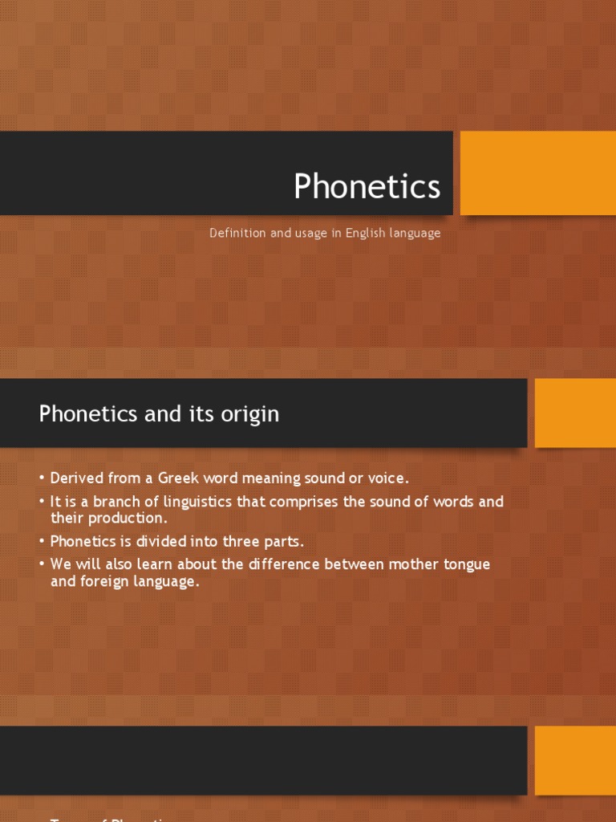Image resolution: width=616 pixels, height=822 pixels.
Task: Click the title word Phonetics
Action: pyautogui.click(x=367, y=187)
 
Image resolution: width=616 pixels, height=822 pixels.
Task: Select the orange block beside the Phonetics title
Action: pyautogui.click(x=537, y=173)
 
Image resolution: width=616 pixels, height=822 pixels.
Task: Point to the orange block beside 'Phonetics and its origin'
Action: pyautogui.click(x=574, y=413)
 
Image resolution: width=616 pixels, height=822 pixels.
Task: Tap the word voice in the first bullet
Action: pyautogui.click(x=387, y=478)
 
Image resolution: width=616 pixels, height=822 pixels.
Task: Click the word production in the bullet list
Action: pyautogui.click(x=125, y=519)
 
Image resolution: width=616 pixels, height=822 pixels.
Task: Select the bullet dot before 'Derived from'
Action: pyautogui.click(x=42, y=479)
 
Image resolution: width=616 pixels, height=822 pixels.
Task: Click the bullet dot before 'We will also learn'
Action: pyautogui.click(x=42, y=565)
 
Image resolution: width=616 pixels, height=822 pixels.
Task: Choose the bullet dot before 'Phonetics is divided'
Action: pyautogui.click(x=42, y=542)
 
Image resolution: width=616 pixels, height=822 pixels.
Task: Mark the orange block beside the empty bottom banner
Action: pyautogui.click(x=574, y=760)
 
